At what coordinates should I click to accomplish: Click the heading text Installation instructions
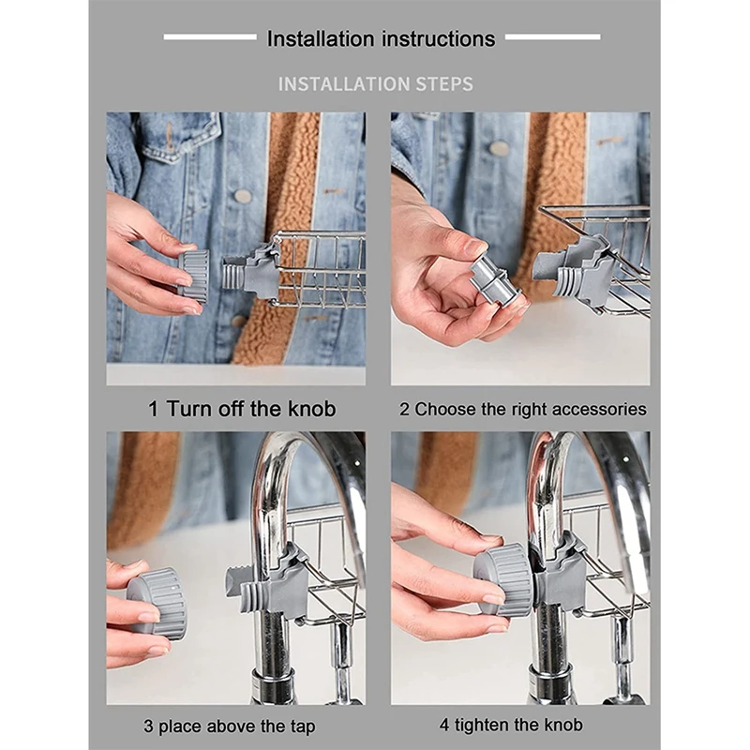pyautogui.click(x=381, y=39)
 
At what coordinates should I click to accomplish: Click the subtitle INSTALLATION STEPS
pyautogui.click(x=376, y=84)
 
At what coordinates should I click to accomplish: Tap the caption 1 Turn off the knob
pyautogui.click(x=242, y=409)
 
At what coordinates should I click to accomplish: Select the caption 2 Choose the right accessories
pyautogui.click(x=523, y=410)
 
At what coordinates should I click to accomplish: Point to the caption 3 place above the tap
pyautogui.click(x=230, y=726)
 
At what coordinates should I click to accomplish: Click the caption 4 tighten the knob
pyautogui.click(x=511, y=725)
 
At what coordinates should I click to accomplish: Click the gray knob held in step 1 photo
pyautogui.click(x=192, y=274)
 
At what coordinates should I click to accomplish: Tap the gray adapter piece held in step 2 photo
pyautogui.click(x=495, y=281)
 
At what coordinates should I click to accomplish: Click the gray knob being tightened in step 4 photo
pyautogui.click(x=502, y=579)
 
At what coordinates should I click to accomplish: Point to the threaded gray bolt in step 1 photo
pyautogui.click(x=234, y=272)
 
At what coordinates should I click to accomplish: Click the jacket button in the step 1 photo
pyautogui.click(x=243, y=195)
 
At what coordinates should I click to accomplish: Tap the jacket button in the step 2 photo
pyautogui.click(x=499, y=148)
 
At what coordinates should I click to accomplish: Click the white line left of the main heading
pyautogui.click(x=210, y=37)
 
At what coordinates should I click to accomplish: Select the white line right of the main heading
pyautogui.click(x=552, y=37)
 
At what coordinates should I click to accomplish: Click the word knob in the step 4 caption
pyautogui.click(x=563, y=725)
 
